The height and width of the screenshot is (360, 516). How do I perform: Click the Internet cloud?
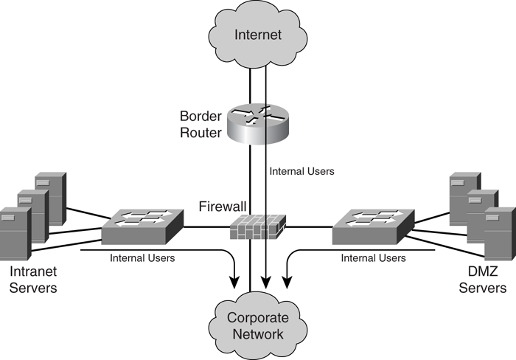(258, 33)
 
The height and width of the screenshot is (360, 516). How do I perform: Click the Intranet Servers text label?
(33, 280)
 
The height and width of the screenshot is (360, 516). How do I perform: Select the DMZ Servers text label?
(482, 280)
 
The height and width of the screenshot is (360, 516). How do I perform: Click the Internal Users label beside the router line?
(302, 171)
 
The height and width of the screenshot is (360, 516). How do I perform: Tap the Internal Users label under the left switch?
(142, 258)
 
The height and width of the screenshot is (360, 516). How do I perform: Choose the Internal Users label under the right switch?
(373, 258)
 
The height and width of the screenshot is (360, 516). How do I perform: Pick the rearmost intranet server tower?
(52, 195)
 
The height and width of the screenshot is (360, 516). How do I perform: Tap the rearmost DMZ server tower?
(465, 195)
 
